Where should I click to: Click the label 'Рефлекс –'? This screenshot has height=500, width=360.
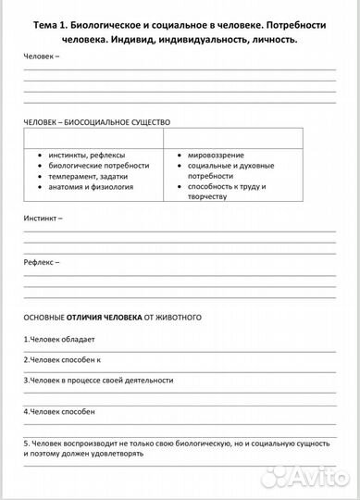point(42,262)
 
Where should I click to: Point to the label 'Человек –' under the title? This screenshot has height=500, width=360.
point(42,56)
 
